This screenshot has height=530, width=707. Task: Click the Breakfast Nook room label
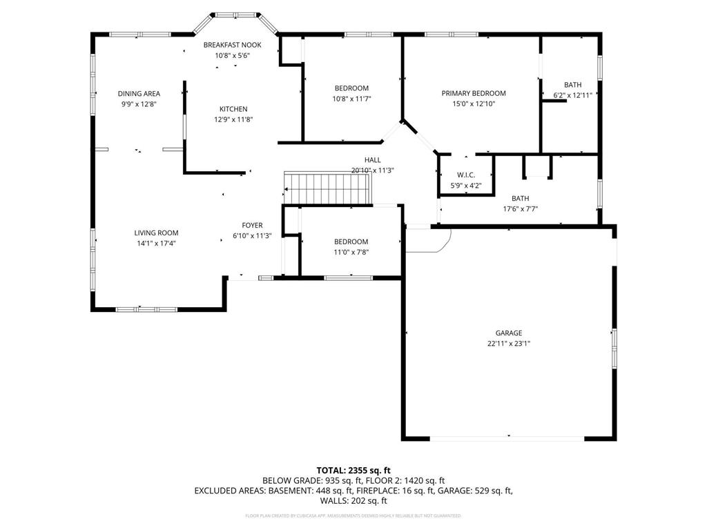[232, 45]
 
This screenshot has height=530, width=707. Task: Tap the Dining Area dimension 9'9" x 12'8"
[139, 104]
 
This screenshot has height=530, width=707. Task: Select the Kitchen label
[233, 109]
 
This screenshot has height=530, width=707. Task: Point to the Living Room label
[156, 233]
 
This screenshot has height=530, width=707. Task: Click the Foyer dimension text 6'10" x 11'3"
[252, 235]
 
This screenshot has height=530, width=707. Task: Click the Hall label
[373, 160]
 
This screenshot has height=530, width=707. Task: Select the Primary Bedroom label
[474, 93]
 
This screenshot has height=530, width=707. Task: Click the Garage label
[508, 333]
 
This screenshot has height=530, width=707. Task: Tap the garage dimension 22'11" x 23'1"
[508, 343]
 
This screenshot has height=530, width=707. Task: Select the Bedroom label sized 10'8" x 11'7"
[351, 88]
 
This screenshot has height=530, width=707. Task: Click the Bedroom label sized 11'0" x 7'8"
[351, 242]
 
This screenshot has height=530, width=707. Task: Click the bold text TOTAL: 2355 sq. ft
[353, 469]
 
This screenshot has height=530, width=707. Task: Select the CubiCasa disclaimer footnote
[353, 516]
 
